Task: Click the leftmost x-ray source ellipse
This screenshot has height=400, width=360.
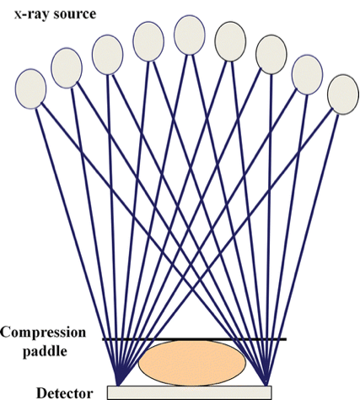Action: pos(30,89)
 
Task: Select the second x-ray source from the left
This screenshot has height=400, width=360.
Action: pos(67,68)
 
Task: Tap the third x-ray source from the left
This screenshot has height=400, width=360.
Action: pos(108,55)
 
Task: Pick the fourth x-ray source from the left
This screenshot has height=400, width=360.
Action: pos(148,41)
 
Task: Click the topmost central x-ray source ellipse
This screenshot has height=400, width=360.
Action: pos(190,35)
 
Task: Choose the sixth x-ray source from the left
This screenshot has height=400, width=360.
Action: pos(230,41)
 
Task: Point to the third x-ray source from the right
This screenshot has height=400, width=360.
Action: pos(271,55)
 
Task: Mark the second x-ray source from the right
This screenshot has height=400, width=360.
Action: pos(307,75)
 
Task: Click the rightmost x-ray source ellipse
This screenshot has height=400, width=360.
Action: pos(343,95)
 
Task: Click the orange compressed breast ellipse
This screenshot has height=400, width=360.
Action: pos(192,363)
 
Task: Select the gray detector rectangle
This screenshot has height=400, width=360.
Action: pos(190,392)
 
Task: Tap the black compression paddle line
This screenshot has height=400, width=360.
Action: pos(195,339)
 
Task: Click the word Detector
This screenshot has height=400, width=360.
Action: pos(65,393)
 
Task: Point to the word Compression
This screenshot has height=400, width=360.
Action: pos(43,332)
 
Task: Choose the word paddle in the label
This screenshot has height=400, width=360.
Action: pos(45,352)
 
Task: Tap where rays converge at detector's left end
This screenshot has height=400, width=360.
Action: pos(118,386)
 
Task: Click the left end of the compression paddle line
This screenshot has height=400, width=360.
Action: pos(103,339)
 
